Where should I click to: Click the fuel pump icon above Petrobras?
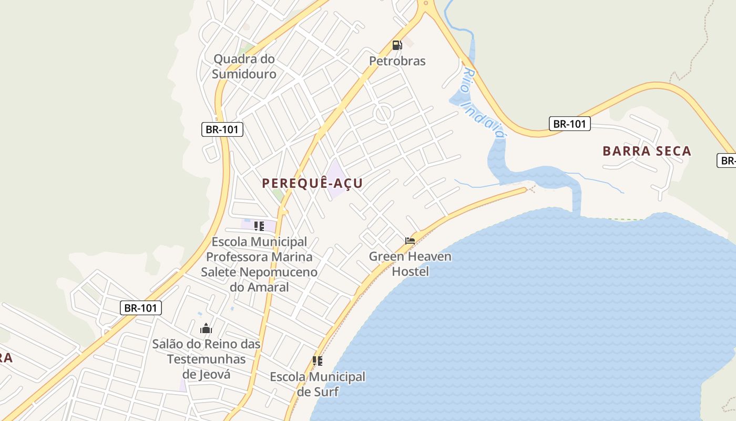click(x=397, y=45)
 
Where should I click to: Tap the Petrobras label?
click(x=397, y=61)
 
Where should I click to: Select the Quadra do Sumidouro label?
click(x=244, y=66)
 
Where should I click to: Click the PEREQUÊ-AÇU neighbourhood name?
click(x=312, y=183)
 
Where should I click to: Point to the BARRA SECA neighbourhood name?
click(x=647, y=152)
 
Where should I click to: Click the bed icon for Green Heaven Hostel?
click(x=410, y=241)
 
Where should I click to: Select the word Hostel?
click(x=410, y=272)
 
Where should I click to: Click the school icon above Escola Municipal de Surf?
click(x=317, y=361)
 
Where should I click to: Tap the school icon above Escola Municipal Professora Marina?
click(x=259, y=226)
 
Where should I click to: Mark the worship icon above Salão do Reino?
click(x=206, y=329)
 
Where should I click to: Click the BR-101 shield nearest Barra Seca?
click(x=570, y=124)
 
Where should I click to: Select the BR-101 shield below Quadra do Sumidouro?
click(x=222, y=129)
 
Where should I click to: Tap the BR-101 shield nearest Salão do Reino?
click(x=141, y=308)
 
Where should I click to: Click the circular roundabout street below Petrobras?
click(x=383, y=113)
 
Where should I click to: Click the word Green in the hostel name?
click(x=387, y=257)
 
